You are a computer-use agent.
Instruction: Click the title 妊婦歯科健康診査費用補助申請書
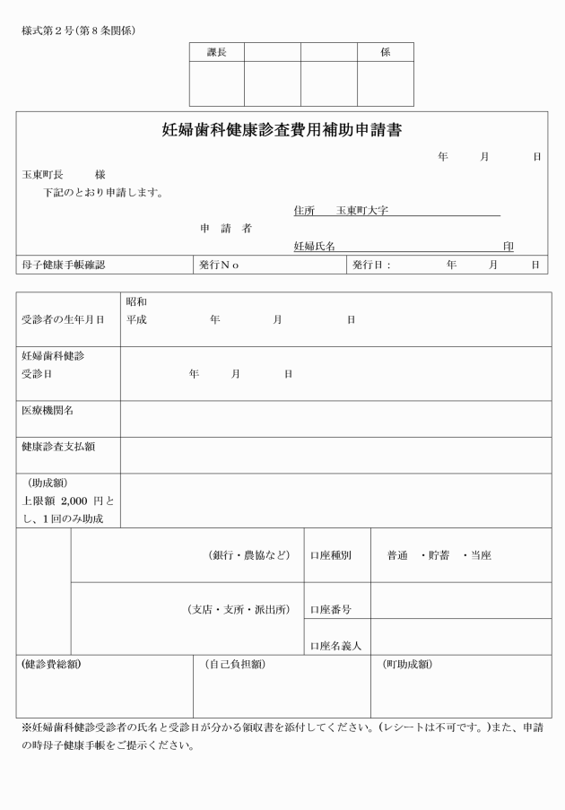click(x=282, y=130)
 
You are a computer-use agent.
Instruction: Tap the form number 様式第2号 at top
click(x=47, y=31)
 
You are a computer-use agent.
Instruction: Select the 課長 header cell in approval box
click(x=216, y=53)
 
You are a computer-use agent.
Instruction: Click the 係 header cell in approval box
click(x=386, y=53)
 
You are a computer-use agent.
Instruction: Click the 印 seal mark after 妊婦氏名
click(x=508, y=246)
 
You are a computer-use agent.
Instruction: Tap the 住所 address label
click(x=304, y=211)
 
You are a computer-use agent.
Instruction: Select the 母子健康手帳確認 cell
click(x=64, y=265)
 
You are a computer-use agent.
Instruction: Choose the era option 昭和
click(x=136, y=301)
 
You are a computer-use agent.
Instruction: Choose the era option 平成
click(x=136, y=319)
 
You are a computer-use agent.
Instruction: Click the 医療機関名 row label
click(x=48, y=410)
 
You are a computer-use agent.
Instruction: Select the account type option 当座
click(x=480, y=555)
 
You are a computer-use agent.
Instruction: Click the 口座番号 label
click(x=330, y=610)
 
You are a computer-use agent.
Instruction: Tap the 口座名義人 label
click(x=335, y=645)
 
